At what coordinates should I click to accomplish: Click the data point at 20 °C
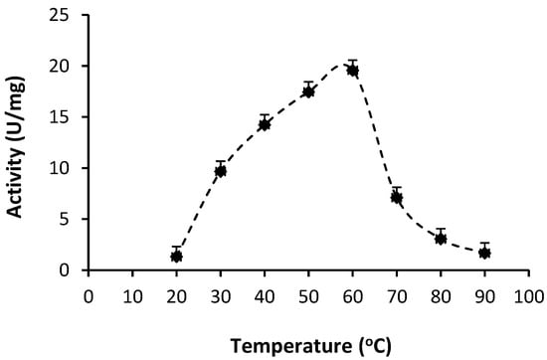[176, 256]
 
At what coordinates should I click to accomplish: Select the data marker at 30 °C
[220, 171]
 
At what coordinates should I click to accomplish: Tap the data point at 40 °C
[265, 124]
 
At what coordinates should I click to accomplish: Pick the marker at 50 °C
[308, 91]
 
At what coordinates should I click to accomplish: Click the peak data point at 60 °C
[352, 70]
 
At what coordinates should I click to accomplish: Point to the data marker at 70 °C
[396, 197]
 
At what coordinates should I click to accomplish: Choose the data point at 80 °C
[440, 239]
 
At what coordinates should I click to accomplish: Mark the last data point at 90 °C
[484, 253]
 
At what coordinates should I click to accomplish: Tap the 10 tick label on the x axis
[132, 295]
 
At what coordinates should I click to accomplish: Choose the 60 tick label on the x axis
[352, 295]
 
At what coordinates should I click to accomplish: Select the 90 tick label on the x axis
[484, 295]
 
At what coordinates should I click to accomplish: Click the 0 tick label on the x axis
[89, 295]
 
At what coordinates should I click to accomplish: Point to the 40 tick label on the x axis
[265, 295]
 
